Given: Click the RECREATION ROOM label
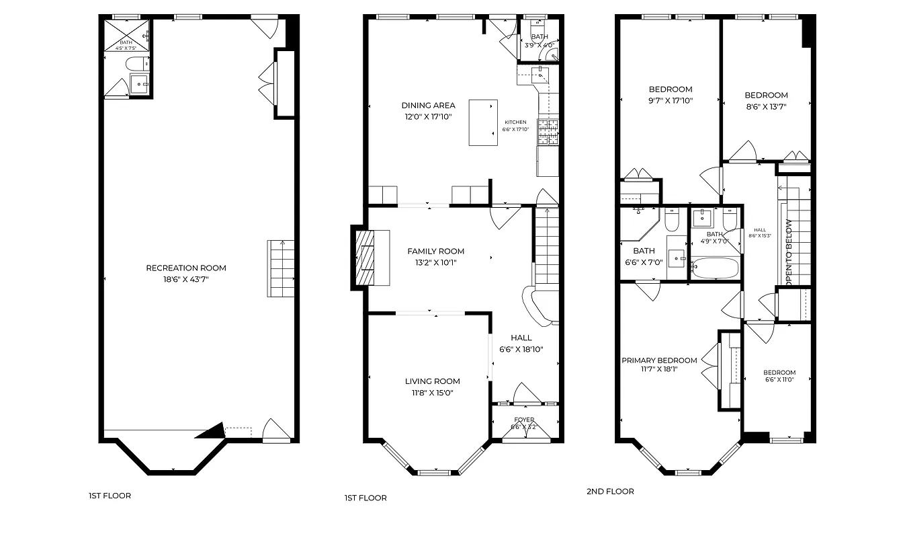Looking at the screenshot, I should [186, 268].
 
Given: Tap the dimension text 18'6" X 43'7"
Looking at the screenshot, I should [186, 279].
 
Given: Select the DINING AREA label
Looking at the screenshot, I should [428, 106].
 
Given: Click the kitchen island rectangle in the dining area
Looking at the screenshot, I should [483, 122].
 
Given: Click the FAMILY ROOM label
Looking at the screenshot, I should [435, 252].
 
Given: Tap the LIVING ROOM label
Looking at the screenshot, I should [432, 381].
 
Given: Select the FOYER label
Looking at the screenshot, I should [524, 420].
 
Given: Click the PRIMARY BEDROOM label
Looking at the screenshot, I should [659, 360].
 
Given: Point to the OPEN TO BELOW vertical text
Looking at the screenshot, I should [789, 253].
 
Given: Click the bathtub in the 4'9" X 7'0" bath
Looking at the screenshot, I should [715, 268].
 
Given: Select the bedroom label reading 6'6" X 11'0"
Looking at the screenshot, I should [779, 373].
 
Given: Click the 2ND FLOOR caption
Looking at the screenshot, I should [610, 492].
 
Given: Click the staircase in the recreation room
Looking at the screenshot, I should [282, 269].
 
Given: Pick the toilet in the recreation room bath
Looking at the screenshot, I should [137, 65].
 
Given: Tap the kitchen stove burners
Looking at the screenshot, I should [547, 132].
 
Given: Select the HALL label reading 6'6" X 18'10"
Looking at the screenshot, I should [521, 338].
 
